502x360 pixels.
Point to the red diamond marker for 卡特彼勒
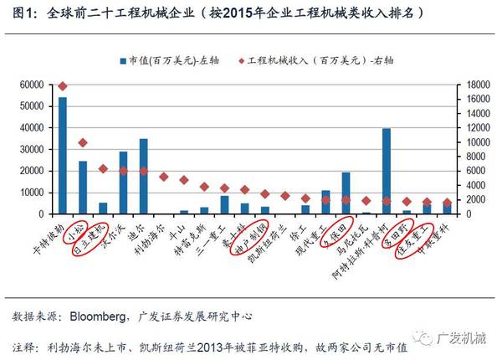tap(63, 86)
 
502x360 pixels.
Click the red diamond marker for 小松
tap(83, 143)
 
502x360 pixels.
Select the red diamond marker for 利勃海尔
tap(164, 177)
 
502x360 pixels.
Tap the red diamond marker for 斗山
tap(184, 180)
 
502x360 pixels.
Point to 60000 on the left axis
tap(30, 85)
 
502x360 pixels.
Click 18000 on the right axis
tap(474, 85)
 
